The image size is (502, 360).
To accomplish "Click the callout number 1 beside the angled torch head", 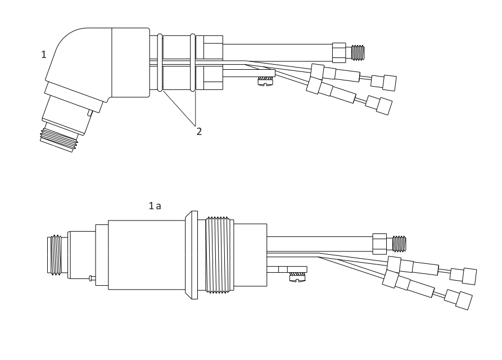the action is pyautogui.click(x=44, y=55).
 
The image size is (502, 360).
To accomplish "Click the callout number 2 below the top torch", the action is pyautogui.click(x=199, y=131).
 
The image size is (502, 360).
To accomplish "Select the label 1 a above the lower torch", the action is pyautogui.click(x=155, y=206).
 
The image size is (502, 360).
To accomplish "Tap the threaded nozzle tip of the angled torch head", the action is pyautogui.click(x=59, y=138).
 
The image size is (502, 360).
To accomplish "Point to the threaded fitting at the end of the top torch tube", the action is pyautogui.click(x=358, y=52).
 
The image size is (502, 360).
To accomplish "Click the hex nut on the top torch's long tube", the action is pyautogui.click(x=339, y=52).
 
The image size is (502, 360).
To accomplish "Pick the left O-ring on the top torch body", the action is pyautogui.click(x=160, y=63).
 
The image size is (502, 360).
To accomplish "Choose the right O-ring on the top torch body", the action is pyautogui.click(x=193, y=63).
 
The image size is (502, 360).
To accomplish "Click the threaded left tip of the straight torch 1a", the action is pyautogui.click(x=55, y=255).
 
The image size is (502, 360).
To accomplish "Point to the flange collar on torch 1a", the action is pyautogui.click(x=192, y=255).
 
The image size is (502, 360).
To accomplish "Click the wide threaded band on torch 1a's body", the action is pyautogui.click(x=218, y=255).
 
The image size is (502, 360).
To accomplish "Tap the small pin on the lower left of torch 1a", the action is pyautogui.click(x=92, y=278).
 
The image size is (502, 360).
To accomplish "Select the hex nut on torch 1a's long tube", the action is pyautogui.click(x=379, y=244).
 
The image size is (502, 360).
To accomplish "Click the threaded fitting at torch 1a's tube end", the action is pyautogui.click(x=399, y=244).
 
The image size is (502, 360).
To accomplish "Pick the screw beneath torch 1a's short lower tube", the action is pyautogui.click(x=298, y=277).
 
